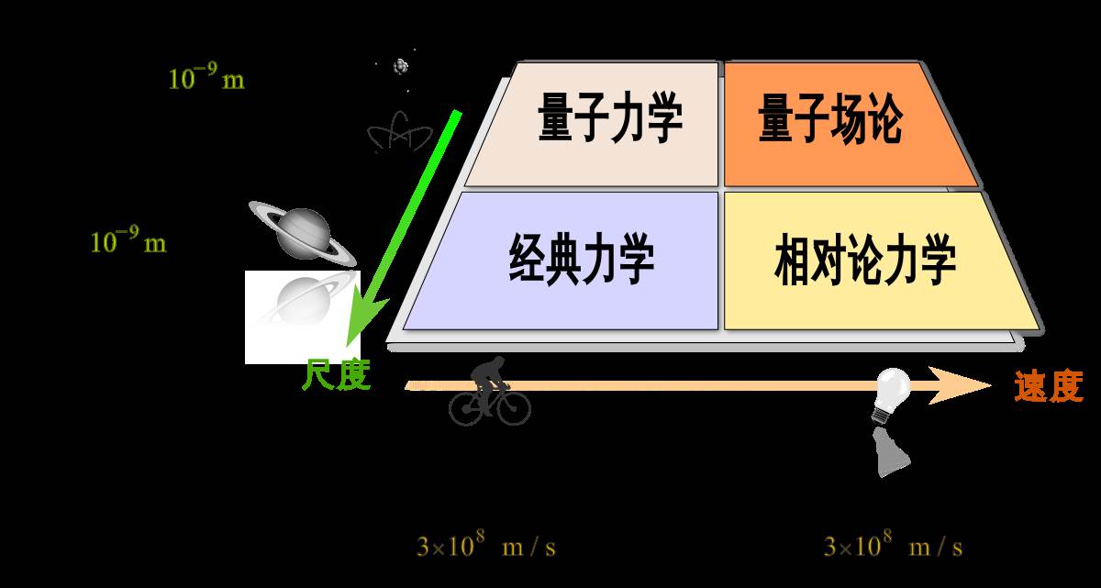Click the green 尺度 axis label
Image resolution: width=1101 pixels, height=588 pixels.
click(x=336, y=375)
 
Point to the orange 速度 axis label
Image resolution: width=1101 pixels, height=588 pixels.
click(x=1049, y=386)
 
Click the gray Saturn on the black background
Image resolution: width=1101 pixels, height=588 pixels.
click(x=302, y=233)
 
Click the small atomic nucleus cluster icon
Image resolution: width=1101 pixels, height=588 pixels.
click(x=401, y=66)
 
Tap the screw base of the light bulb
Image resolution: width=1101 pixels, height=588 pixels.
click(x=882, y=416)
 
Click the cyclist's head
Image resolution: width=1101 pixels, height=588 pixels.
click(x=497, y=362)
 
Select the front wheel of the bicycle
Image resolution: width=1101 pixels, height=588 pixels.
click(x=514, y=407)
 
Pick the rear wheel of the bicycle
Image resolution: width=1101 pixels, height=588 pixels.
click(x=466, y=407)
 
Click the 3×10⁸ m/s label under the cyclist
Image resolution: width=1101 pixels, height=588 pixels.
click(x=485, y=544)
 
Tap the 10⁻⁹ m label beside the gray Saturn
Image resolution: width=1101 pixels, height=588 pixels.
click(x=128, y=239)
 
